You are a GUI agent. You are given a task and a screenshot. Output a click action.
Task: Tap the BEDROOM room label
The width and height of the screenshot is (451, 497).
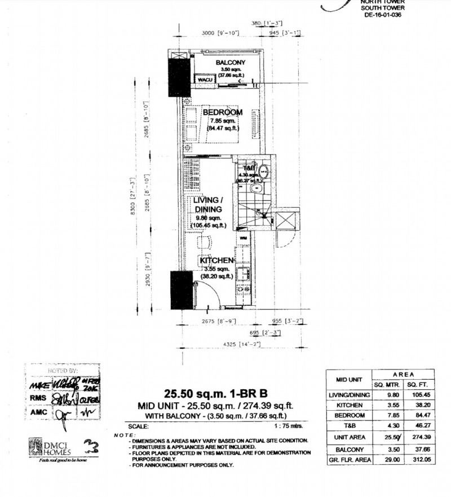point(223,112)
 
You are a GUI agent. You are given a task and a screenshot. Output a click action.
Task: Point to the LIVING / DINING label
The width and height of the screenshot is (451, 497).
point(209,205)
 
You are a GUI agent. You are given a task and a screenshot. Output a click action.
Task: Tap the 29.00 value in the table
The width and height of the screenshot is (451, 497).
point(387,460)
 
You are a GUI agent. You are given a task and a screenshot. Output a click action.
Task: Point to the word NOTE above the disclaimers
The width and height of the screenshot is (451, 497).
point(121,435)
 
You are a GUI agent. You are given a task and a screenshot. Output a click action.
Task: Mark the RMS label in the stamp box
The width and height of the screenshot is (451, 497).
point(37,397)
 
